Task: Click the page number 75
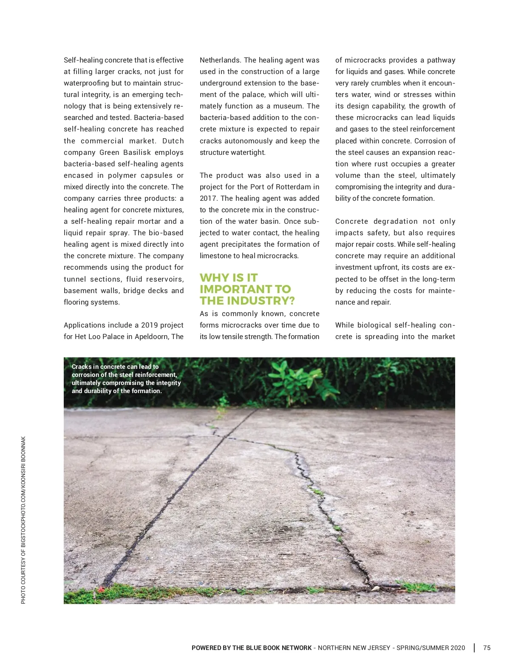tap(487, 648)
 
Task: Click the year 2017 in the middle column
tap(208, 198)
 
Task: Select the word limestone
tap(215, 256)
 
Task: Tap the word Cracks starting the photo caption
tap(81, 367)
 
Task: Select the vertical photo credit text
tap(23, 519)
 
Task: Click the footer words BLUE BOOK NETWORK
tap(279, 648)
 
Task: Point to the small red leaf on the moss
tap(101, 589)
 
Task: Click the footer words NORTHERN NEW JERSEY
tap(354, 648)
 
